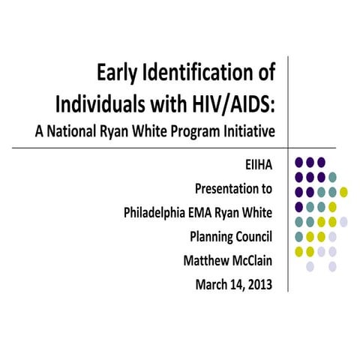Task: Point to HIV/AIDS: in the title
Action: click(232, 103)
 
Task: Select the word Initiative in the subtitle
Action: click(248, 130)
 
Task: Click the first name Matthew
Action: click(205, 261)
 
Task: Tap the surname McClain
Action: click(253, 261)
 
